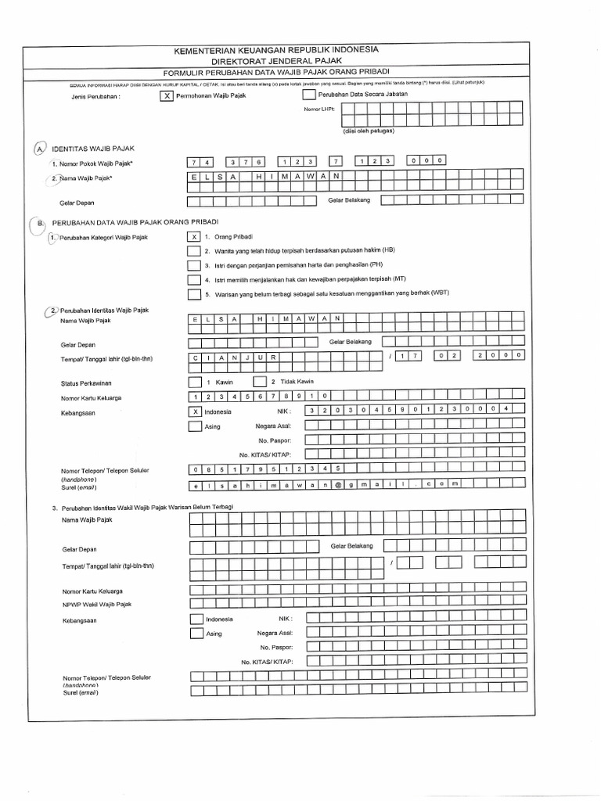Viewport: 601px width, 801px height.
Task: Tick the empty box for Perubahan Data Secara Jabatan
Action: pyautogui.click(x=308, y=95)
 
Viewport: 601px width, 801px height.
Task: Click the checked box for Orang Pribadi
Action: pyautogui.click(x=193, y=235)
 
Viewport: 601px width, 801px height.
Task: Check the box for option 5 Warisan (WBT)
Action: pyautogui.click(x=193, y=294)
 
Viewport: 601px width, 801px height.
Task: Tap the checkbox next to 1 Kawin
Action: pyautogui.click(x=194, y=382)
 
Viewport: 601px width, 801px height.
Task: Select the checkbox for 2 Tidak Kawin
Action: pyautogui.click(x=259, y=382)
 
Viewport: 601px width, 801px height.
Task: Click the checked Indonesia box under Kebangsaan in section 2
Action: pyautogui.click(x=194, y=411)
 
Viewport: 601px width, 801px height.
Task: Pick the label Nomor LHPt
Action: pyautogui.click(x=318, y=110)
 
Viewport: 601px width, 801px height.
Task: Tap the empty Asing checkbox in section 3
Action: pyautogui.click(x=196, y=634)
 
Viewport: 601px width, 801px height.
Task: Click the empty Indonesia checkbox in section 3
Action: pyautogui.click(x=196, y=619)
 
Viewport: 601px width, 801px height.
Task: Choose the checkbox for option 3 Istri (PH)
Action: pyautogui.click(x=193, y=265)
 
